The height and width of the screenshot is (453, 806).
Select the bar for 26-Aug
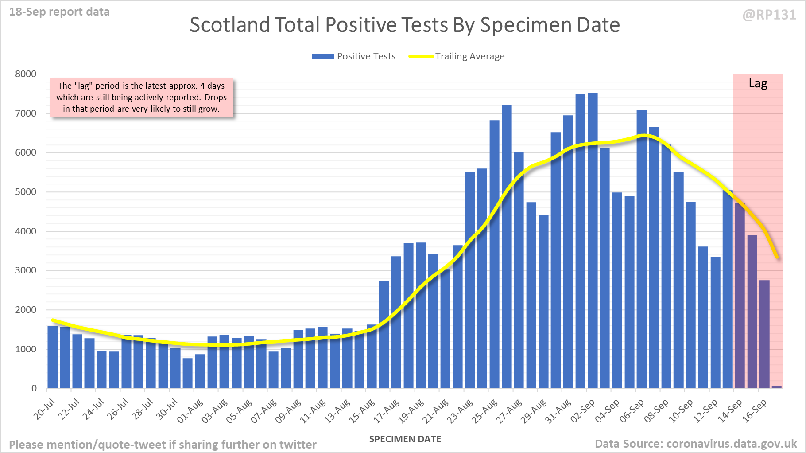(507, 246)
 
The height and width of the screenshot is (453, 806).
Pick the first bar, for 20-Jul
(53, 357)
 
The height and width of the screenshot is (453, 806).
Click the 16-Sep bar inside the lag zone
(764, 334)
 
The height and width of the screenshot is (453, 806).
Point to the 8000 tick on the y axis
(26, 74)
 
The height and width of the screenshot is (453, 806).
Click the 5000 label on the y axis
(26, 192)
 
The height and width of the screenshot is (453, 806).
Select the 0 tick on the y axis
(34, 388)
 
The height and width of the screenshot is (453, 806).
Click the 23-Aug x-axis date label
(461, 411)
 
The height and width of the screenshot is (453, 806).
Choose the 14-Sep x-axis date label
(730, 411)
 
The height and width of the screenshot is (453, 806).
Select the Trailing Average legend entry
(457, 56)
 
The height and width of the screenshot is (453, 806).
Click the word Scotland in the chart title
(229, 25)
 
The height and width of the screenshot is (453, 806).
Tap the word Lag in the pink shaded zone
(758, 83)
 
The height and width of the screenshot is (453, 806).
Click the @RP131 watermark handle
(769, 15)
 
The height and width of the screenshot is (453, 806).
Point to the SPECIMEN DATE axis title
(405, 439)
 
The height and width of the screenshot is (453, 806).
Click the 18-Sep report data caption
(59, 12)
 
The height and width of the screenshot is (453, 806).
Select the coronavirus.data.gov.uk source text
(731, 444)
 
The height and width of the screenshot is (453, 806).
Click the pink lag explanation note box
(141, 98)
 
